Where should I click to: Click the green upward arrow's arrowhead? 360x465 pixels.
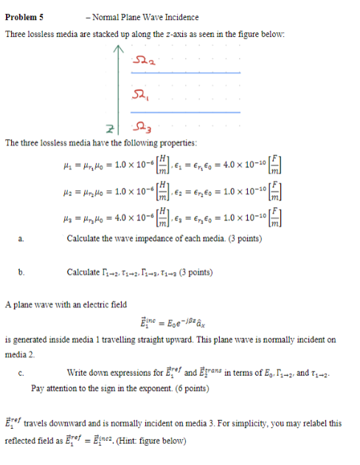116,51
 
